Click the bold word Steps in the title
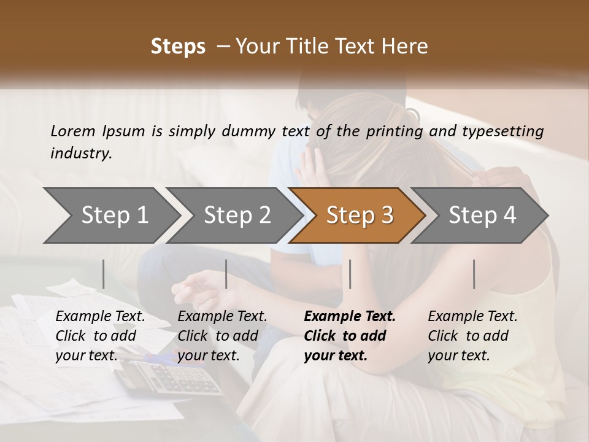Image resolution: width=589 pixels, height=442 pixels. point(178,47)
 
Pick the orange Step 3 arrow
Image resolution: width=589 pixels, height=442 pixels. point(360,215)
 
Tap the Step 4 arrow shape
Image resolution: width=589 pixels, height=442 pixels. point(482,215)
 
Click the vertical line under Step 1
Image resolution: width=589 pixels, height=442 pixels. point(104,274)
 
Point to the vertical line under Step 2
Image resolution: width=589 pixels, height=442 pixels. point(226,274)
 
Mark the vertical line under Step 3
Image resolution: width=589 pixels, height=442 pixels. point(350,274)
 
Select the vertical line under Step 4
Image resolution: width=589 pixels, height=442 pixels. point(474,274)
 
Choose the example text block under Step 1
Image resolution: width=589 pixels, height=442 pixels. point(100,336)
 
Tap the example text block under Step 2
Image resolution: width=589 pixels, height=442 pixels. point(222,336)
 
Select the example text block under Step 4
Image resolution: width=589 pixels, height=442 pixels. point(472,336)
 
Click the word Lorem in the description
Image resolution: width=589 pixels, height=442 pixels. point(73,131)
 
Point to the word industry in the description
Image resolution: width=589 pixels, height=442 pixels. point(81,153)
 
